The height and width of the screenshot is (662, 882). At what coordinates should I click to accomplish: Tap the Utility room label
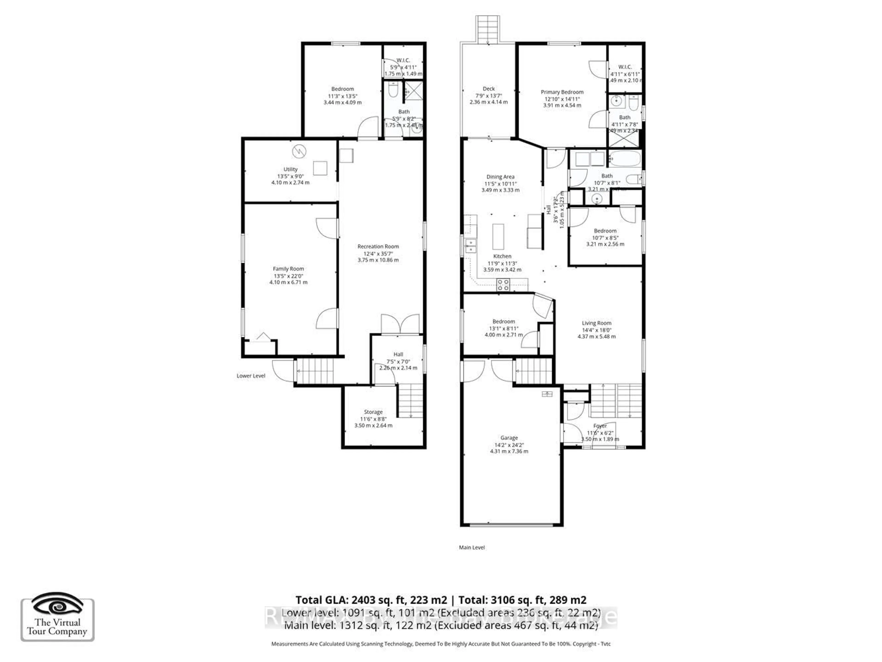tap(290, 169)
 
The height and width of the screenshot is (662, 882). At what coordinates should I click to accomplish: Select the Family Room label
tap(288, 269)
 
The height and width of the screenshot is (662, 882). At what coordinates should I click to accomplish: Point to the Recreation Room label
tap(378, 247)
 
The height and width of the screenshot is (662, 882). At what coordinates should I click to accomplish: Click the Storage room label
tap(373, 412)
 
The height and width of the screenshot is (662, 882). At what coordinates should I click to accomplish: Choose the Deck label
tap(489, 89)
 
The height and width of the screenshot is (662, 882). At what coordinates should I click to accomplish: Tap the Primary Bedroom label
tap(562, 92)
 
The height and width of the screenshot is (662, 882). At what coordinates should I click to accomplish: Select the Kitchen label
tap(502, 256)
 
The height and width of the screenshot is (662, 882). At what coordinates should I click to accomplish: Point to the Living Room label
tap(596, 323)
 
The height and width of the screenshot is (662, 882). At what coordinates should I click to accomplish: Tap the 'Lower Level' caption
tap(251, 376)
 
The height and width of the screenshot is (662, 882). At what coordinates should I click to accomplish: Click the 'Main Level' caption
tap(472, 548)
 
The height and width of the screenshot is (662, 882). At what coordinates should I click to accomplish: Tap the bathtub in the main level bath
tap(625, 159)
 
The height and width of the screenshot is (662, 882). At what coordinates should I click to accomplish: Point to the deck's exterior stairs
tap(487, 29)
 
